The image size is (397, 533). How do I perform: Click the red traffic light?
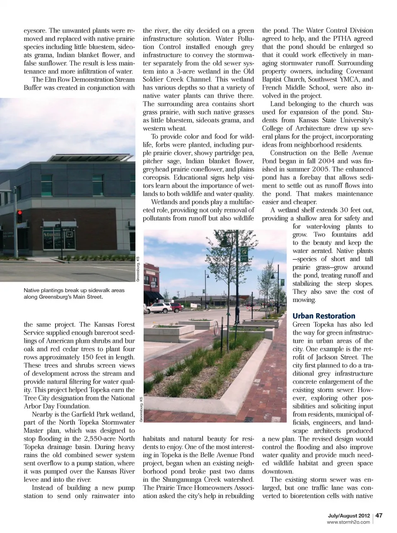pos(19,214)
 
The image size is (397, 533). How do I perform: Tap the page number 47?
pos(379,515)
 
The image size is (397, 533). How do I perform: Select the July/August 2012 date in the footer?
pos(347,516)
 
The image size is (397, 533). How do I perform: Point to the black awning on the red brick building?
pos(154,295)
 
